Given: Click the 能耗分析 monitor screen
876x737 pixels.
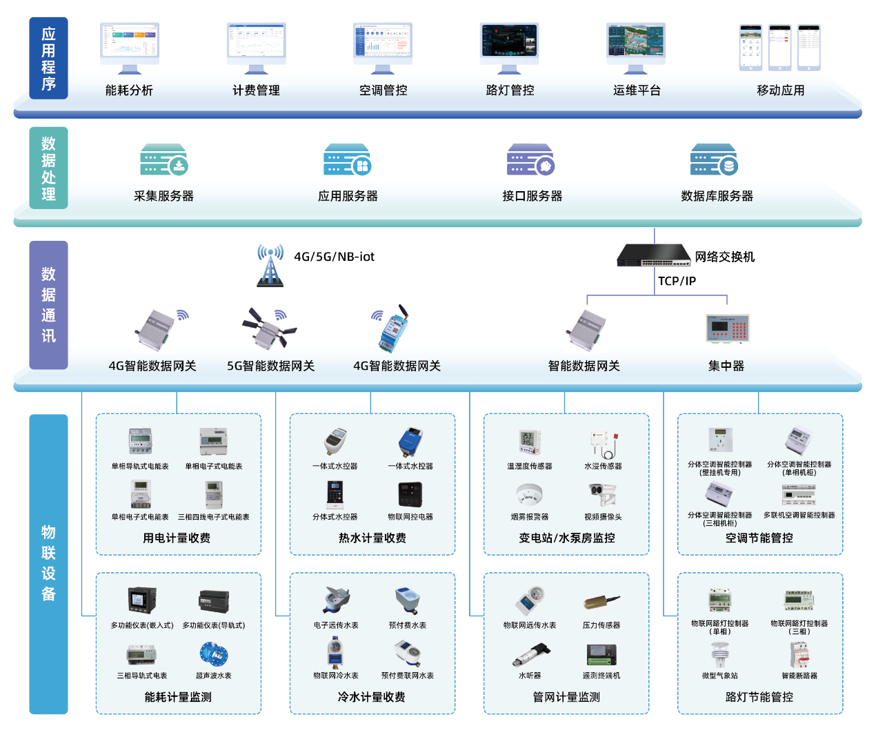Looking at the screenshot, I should [130, 43].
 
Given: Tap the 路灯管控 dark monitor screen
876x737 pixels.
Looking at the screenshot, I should [509, 43].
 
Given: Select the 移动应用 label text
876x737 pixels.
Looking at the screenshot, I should [780, 90].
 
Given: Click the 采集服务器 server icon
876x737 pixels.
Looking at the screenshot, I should [163, 160].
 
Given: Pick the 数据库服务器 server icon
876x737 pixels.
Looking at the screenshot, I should [714, 160].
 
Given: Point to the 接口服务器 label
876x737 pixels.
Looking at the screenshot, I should [532, 196].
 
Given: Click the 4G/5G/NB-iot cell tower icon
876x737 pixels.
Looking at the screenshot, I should [270, 265].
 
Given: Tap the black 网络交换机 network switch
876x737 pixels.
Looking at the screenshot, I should [653, 255].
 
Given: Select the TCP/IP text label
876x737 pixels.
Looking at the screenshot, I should [677, 281].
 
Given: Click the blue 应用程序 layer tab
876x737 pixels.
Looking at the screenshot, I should [48, 59].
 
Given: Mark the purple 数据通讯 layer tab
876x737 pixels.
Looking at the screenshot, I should [48, 305].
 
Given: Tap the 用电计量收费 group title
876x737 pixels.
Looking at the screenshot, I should [177, 538].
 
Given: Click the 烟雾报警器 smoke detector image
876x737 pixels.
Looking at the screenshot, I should [530, 495].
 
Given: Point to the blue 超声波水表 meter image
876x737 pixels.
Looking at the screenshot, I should [213, 653].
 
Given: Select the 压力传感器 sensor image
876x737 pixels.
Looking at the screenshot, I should [601, 602].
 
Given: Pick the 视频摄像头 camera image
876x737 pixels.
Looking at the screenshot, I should [602, 494].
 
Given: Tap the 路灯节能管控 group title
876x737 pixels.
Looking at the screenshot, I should [759, 697].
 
